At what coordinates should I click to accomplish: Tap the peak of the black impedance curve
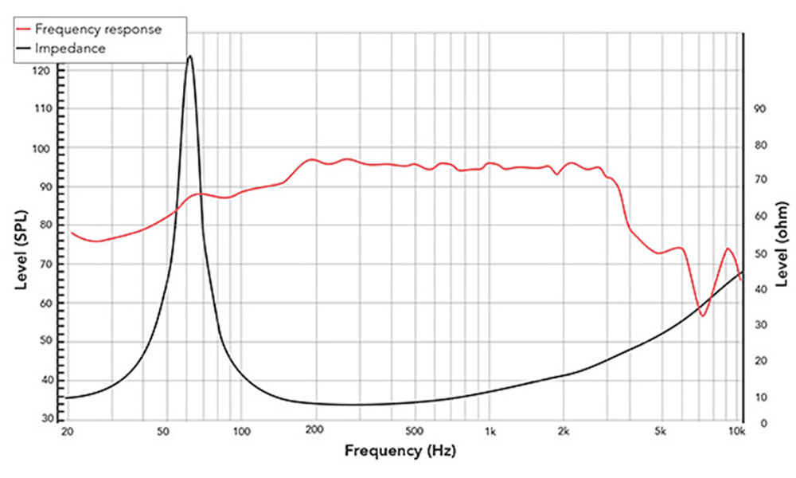click(x=189, y=56)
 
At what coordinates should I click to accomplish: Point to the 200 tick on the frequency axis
click(x=314, y=433)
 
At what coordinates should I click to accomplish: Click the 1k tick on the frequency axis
click(x=490, y=433)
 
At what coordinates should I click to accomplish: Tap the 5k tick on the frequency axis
click(x=659, y=433)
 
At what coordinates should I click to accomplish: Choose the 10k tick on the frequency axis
click(x=737, y=433)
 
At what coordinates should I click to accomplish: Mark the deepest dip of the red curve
click(x=702, y=315)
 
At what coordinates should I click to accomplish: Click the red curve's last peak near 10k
click(x=728, y=249)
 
